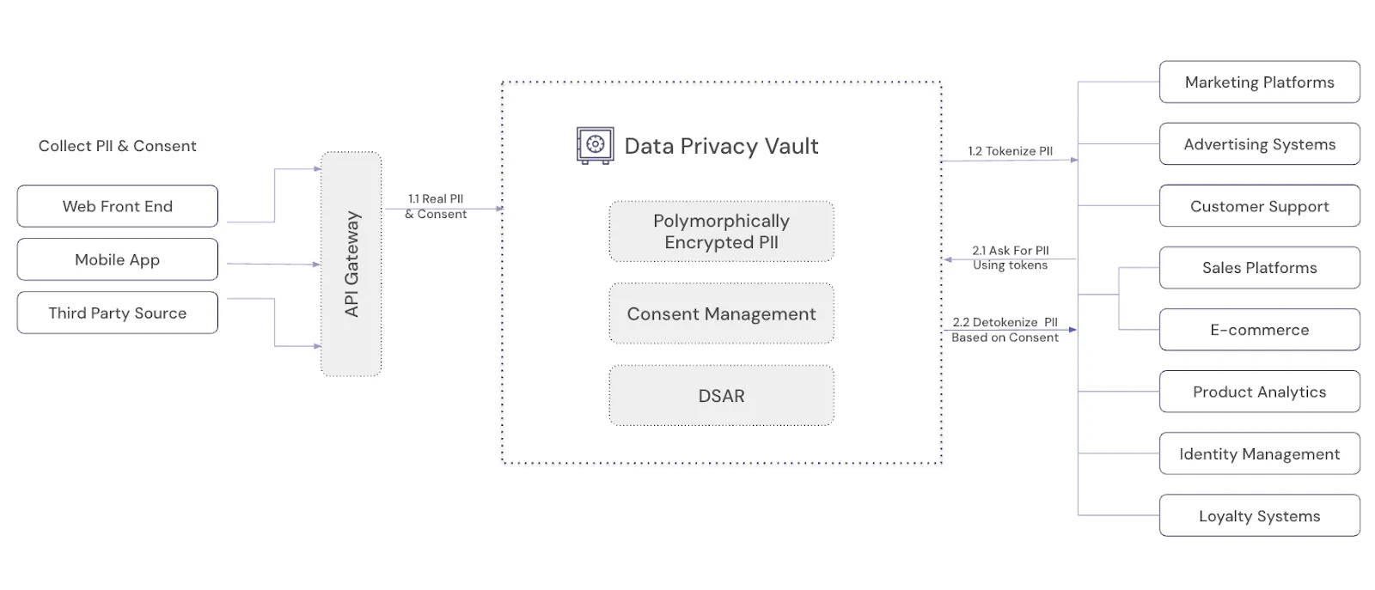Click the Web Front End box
pos(117,206)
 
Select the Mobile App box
pos(117,259)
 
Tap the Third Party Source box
pos(117,313)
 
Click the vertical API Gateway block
pos(351,264)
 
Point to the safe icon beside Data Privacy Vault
pos(595,145)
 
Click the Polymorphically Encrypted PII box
pos(721,232)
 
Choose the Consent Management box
pos(721,313)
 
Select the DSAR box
pos(721,396)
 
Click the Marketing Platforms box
pos(1259,82)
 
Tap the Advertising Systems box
pos(1259,144)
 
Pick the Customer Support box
pos(1259,206)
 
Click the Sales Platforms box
pos(1259,268)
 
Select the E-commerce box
pos(1259,330)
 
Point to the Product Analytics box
pos(1259,392)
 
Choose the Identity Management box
pos(1259,453)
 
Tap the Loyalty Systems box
pos(1259,515)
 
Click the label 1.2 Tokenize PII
pos(1010,151)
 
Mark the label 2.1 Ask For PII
pos(1010,251)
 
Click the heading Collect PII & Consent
pos(117,146)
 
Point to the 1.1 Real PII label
pos(436,199)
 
